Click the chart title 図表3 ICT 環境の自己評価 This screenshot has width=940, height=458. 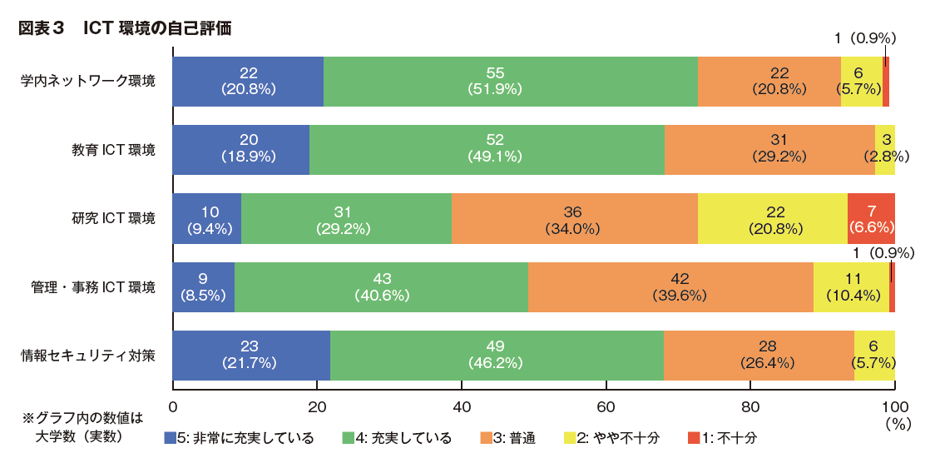coord(124,27)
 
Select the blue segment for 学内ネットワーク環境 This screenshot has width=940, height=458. coord(248,81)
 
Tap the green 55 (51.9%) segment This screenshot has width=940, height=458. coord(510,81)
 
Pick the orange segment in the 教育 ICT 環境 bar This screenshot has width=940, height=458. coord(769,149)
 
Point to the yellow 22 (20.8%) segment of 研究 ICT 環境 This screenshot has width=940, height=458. coord(772,218)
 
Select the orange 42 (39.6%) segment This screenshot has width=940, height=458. coord(670,286)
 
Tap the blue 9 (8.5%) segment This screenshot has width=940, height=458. coord(204,286)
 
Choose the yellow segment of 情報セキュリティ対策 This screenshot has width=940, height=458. coord(873,356)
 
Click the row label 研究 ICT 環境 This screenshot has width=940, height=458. coord(113,219)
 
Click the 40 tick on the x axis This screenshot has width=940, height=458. coord(462,406)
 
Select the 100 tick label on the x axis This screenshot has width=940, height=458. coord(895,406)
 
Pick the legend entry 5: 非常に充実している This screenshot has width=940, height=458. coord(240,438)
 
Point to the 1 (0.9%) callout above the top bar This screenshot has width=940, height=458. coord(864,37)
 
